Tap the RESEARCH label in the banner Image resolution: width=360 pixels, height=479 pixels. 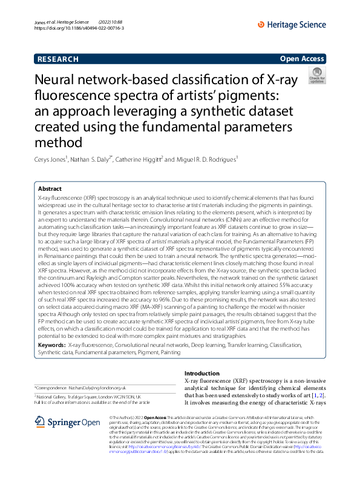click(57, 59)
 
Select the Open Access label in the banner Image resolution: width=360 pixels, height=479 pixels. click(302, 59)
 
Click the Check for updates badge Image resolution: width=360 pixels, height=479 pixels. click(316, 76)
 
